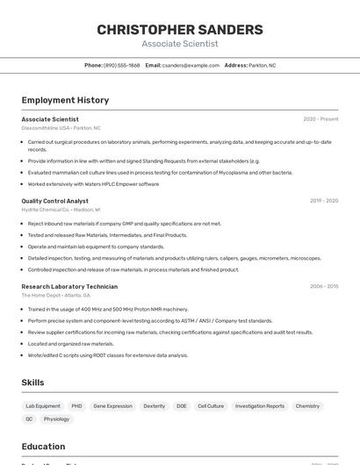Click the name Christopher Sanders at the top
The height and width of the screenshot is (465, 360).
point(180,30)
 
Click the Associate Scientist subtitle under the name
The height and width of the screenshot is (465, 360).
point(180,44)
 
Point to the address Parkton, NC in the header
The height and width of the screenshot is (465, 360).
point(262,65)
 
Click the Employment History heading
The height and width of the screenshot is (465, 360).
point(65,100)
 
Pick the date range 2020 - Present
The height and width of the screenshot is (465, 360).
point(320,119)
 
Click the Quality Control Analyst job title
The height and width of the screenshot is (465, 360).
point(54,201)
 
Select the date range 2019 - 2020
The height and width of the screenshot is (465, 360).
point(324,201)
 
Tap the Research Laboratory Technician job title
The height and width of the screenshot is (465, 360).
point(69,286)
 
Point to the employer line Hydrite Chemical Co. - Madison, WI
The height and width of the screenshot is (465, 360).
point(61,210)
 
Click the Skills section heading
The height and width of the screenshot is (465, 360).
point(32,383)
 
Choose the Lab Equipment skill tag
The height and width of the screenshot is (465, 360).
point(43,406)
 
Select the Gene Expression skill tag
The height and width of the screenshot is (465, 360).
point(112,406)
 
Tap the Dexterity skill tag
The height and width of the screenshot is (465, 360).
point(155,406)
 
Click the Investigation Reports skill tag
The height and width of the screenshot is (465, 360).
point(260,406)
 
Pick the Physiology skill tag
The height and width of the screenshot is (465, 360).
point(56,418)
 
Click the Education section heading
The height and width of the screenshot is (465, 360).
point(43,446)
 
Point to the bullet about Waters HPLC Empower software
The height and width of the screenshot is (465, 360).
point(93,184)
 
